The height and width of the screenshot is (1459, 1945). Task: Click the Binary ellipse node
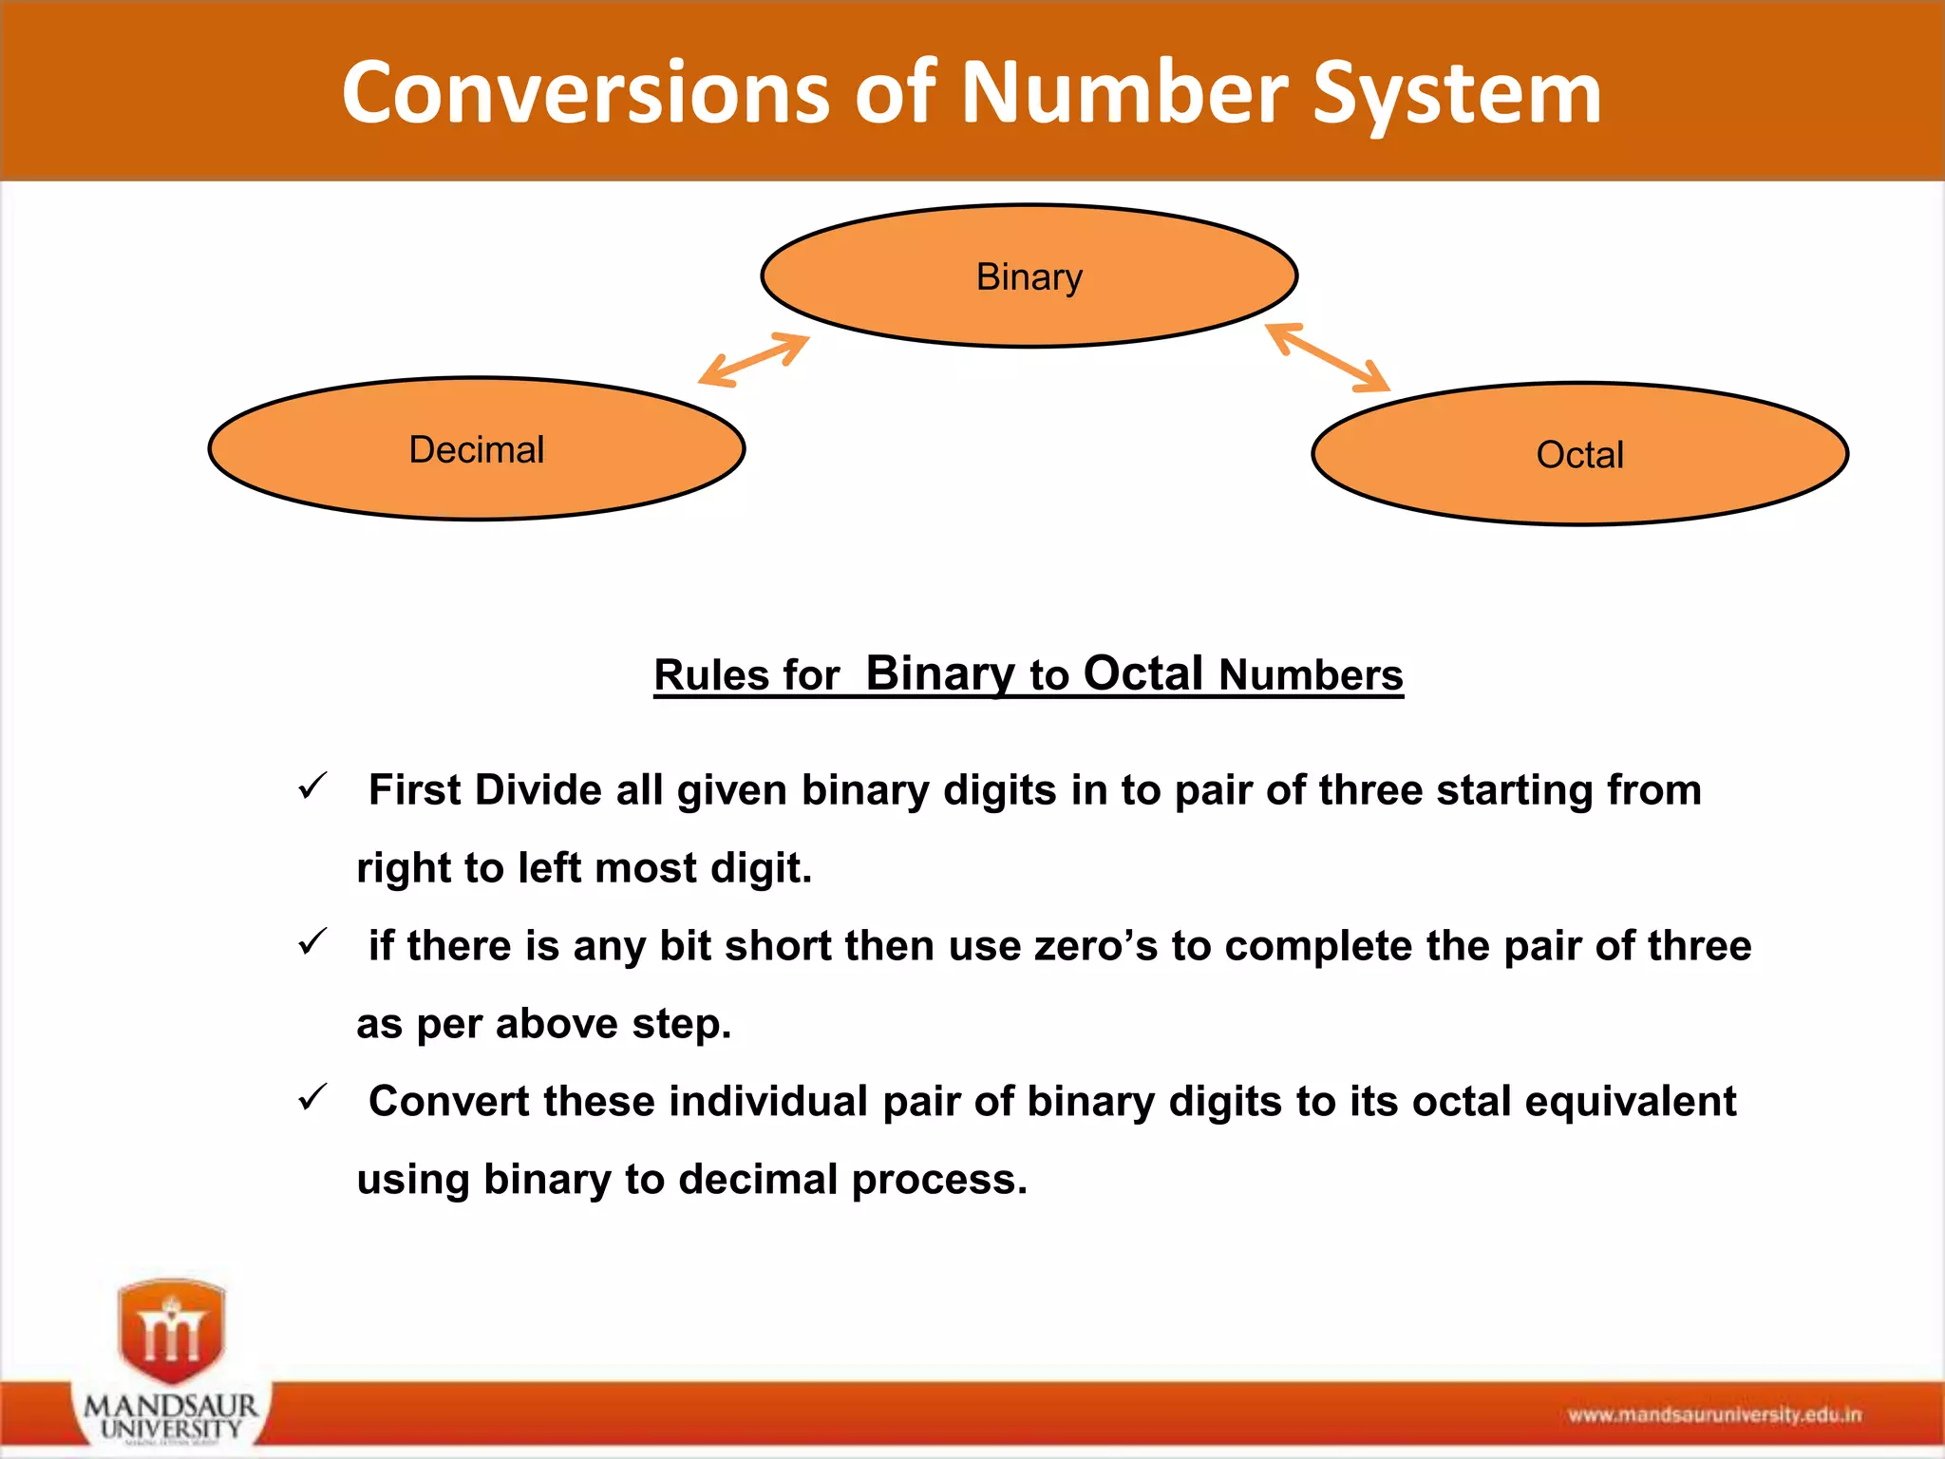[x=1029, y=276]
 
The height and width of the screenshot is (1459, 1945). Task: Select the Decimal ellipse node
[x=476, y=449]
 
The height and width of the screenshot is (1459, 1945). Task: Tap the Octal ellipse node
[x=1579, y=454]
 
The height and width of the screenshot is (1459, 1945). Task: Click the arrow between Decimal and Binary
[x=753, y=360]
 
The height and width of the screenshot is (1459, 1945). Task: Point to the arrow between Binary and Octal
[x=1328, y=357]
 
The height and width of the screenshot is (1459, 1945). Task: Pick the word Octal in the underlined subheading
[x=1143, y=673]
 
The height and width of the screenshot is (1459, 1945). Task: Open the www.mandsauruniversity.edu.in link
[x=1714, y=1415]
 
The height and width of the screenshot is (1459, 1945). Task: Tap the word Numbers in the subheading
[x=1311, y=675]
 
